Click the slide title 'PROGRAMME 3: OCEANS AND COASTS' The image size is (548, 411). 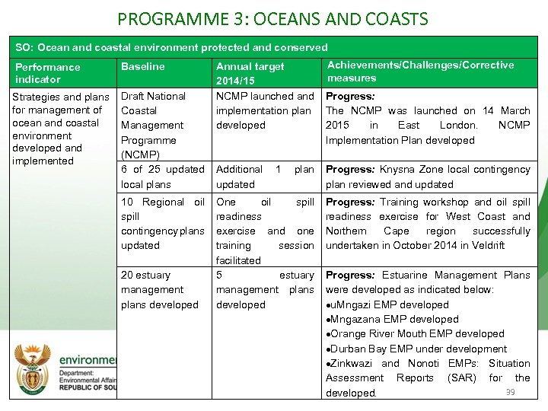(x=273, y=18)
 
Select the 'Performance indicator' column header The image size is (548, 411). (x=47, y=73)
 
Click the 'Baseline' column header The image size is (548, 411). (x=142, y=67)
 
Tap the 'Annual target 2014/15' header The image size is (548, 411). (x=250, y=73)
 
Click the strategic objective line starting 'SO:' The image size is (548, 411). (x=172, y=47)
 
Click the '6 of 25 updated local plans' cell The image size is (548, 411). (x=162, y=177)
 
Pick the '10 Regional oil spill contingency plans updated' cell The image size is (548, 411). (x=162, y=224)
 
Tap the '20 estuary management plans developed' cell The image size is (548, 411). (x=159, y=290)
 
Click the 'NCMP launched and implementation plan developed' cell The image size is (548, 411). (x=264, y=110)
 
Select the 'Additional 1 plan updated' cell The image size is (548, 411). (x=264, y=177)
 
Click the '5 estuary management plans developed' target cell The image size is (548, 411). (x=264, y=290)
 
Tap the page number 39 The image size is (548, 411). (x=511, y=392)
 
